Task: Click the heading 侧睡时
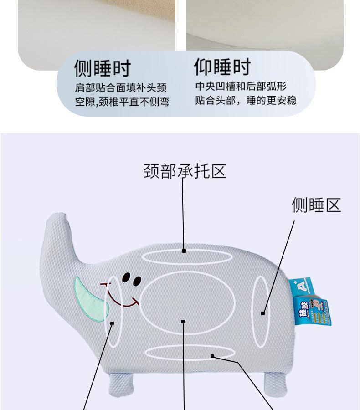pos(103,68)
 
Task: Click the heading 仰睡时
pos(222,67)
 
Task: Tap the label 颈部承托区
pos(185,171)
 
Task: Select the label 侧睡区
pos(316,205)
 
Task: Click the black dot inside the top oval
pos(184,251)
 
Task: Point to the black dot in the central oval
pos(183,321)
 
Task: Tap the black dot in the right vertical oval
pos(263,313)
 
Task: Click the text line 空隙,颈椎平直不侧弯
pos(122,102)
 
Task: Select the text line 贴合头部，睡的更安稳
pos(246,100)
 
